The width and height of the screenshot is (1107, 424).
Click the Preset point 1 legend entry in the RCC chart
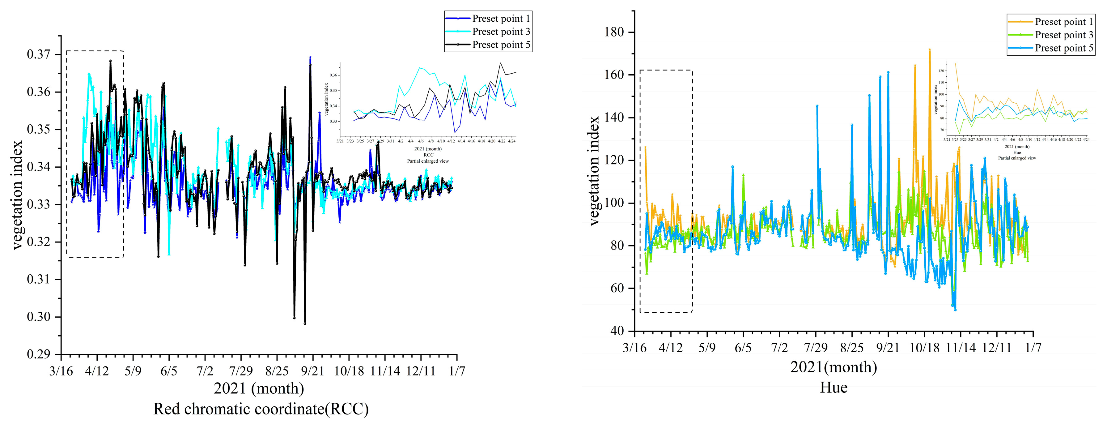pos(501,19)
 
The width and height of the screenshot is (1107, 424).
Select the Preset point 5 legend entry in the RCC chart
pos(501,45)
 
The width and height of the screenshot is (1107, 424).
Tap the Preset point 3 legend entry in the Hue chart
pos(1064,35)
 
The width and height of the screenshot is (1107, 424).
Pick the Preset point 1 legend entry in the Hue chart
pos(1064,22)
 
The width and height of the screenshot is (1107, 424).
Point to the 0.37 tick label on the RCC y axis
pos(38,54)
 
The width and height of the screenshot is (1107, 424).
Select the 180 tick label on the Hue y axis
pos(614,32)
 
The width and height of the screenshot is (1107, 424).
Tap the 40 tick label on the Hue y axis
pos(617,331)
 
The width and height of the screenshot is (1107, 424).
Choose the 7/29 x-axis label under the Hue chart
pos(816,347)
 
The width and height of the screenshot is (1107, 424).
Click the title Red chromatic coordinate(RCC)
pos(261,409)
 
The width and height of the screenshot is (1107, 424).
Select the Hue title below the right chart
pos(834,388)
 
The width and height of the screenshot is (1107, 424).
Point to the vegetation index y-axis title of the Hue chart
pos(594,171)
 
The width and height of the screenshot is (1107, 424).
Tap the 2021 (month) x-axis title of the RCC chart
pos(259,388)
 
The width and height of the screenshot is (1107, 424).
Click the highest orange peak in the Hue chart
pos(930,49)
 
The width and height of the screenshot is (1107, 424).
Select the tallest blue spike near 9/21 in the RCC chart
pos(310,57)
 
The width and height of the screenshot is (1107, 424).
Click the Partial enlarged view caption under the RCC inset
pos(428,161)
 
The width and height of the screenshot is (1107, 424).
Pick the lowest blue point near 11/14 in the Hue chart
pos(955,310)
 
